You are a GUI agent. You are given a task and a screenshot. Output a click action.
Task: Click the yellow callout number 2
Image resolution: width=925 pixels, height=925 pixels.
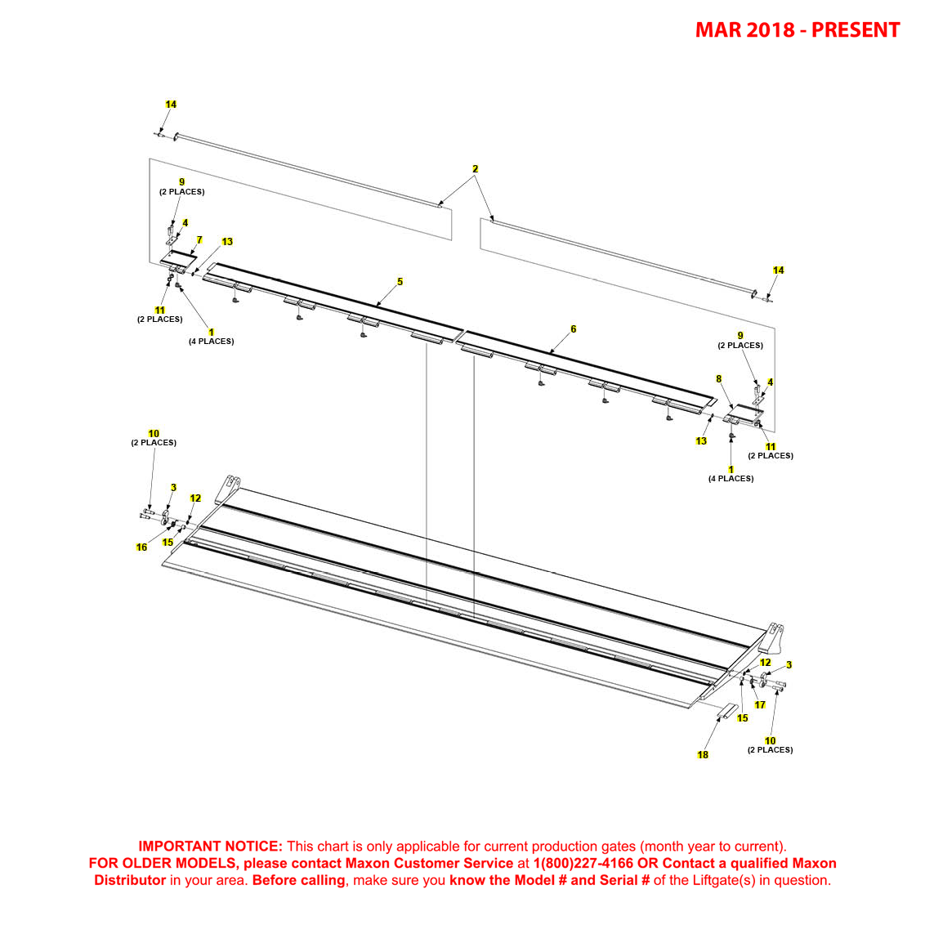[475, 169]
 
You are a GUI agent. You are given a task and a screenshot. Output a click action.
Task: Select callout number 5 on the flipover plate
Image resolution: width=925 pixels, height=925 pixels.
[400, 282]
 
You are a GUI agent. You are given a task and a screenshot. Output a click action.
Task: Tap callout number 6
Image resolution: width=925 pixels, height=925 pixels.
[573, 329]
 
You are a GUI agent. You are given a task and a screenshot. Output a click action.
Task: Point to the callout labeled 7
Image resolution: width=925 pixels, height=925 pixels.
[199, 240]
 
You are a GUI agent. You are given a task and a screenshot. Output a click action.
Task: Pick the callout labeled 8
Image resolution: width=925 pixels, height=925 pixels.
[719, 379]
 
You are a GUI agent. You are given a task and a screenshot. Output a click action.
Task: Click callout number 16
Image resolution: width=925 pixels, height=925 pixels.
[141, 547]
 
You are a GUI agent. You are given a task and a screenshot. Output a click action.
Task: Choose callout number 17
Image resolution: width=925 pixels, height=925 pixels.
[760, 705]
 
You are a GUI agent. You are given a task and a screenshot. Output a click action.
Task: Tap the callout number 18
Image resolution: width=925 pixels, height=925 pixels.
[703, 755]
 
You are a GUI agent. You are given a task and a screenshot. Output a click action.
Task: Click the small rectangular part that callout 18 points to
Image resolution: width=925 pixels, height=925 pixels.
[727, 711]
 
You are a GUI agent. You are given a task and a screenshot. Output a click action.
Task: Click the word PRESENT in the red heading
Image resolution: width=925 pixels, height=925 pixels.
[856, 30]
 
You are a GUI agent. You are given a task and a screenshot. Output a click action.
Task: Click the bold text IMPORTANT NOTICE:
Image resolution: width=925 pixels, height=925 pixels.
[210, 847]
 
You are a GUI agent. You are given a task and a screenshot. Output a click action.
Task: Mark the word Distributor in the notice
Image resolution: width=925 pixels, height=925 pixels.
[130, 881]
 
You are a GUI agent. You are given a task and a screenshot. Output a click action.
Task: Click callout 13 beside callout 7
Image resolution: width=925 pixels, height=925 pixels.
[227, 242]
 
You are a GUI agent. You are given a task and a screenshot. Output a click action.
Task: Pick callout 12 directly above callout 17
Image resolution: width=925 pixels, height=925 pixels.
[765, 663]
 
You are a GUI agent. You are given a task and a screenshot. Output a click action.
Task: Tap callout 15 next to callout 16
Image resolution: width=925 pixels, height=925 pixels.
[168, 542]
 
